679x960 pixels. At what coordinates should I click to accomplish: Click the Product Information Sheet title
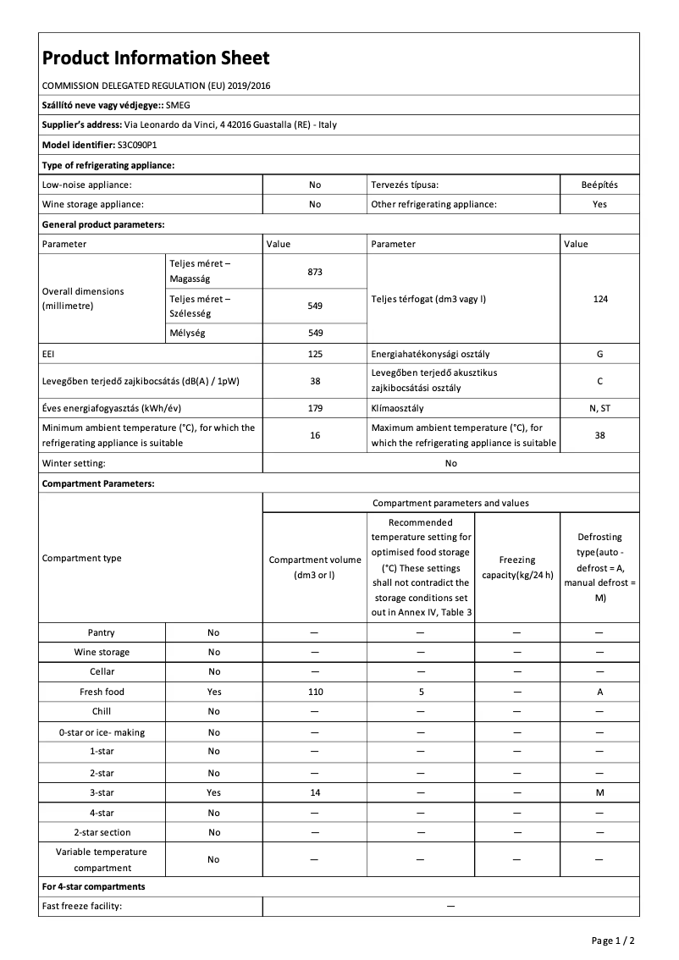point(156,58)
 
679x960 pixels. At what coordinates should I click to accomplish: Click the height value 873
point(315,272)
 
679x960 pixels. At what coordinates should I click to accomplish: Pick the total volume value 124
point(599,299)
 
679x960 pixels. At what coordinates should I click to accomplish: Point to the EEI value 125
point(315,354)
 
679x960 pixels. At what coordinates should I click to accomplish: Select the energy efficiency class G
point(599,354)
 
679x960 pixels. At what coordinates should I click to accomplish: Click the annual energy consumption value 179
point(315,408)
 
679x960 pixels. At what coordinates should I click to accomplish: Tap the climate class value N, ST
point(599,408)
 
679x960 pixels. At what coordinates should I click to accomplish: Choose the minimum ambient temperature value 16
point(315,435)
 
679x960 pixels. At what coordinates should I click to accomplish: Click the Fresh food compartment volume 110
point(315,692)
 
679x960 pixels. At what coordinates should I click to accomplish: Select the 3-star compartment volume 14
point(315,792)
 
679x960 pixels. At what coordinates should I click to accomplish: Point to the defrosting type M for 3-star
point(599,792)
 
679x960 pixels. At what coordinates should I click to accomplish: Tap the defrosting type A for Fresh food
point(599,692)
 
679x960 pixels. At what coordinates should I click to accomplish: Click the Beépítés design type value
point(599,184)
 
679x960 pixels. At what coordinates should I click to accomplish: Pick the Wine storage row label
point(102,652)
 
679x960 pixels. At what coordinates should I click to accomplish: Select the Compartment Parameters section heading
point(98,483)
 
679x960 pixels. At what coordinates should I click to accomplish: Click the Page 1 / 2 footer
point(612,941)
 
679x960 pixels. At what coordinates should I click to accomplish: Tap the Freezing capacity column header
point(516,567)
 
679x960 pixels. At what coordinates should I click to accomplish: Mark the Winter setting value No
point(450,463)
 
